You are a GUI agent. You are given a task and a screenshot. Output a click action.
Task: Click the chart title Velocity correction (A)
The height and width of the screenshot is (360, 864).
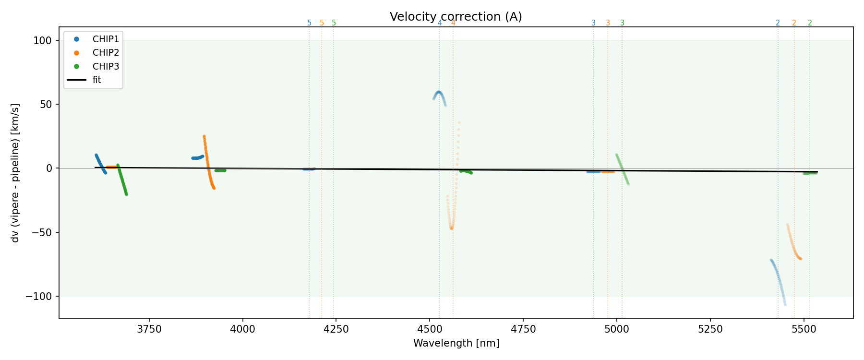(456, 17)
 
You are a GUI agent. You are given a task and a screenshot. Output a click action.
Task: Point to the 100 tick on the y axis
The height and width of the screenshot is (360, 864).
(42, 41)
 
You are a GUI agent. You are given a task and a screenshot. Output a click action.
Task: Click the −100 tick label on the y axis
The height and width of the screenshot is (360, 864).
(38, 296)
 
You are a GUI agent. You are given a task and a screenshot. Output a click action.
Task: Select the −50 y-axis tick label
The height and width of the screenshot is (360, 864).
(41, 232)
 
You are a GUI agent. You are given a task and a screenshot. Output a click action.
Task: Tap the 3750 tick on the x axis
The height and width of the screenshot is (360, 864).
(149, 329)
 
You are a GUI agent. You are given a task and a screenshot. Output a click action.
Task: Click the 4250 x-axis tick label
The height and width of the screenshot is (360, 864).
(336, 329)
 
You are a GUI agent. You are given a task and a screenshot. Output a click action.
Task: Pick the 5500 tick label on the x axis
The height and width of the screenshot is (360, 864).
(804, 329)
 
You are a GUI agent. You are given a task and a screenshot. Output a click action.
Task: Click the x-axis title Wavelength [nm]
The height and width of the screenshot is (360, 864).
(456, 343)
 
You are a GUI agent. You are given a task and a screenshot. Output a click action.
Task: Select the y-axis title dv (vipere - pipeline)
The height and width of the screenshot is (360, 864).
(15, 173)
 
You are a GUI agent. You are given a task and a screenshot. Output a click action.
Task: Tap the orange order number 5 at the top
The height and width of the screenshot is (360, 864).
(322, 23)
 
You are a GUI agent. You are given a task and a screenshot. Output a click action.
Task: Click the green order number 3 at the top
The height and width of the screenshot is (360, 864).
(622, 23)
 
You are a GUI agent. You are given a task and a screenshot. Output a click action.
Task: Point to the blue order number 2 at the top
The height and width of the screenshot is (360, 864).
(778, 23)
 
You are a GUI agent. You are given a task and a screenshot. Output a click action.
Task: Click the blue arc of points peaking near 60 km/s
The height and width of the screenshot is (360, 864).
(439, 93)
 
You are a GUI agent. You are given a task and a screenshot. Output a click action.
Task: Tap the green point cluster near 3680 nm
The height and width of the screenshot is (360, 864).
(122, 180)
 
